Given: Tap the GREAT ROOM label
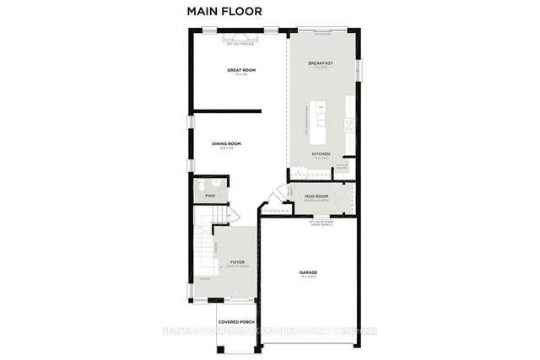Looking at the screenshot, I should (x=241, y=70).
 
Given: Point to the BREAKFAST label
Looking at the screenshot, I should (x=321, y=63).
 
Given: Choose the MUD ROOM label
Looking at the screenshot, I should (x=316, y=196).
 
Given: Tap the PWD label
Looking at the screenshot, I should (x=210, y=196).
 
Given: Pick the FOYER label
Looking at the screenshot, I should (x=237, y=263).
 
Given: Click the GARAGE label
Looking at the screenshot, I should (x=309, y=272).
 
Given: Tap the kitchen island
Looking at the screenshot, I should (x=321, y=123).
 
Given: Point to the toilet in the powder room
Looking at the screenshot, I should (x=202, y=187).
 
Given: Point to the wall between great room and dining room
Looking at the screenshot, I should (x=225, y=110).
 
